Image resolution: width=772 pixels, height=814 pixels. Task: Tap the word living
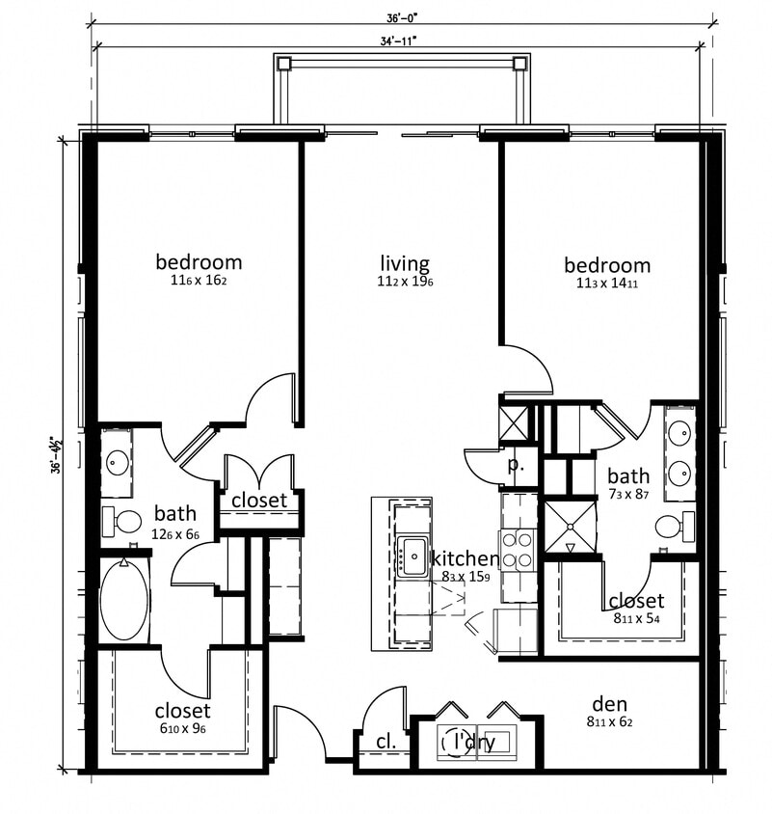[405, 263]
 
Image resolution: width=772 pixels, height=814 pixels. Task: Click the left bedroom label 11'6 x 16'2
[199, 282]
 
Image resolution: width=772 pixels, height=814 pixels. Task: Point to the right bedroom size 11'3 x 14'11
[607, 284]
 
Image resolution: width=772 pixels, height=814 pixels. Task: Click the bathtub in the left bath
[124, 600]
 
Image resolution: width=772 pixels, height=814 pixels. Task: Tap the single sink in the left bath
[119, 462]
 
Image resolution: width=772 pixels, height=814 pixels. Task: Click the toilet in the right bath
[673, 527]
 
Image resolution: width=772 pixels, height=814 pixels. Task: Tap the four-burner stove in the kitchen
[519, 551]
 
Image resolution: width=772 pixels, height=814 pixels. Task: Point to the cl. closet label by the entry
[386, 742]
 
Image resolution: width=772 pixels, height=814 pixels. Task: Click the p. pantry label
[516, 463]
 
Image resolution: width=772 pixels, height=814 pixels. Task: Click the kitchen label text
[465, 558]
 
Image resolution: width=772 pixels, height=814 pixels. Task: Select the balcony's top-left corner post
[283, 64]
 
